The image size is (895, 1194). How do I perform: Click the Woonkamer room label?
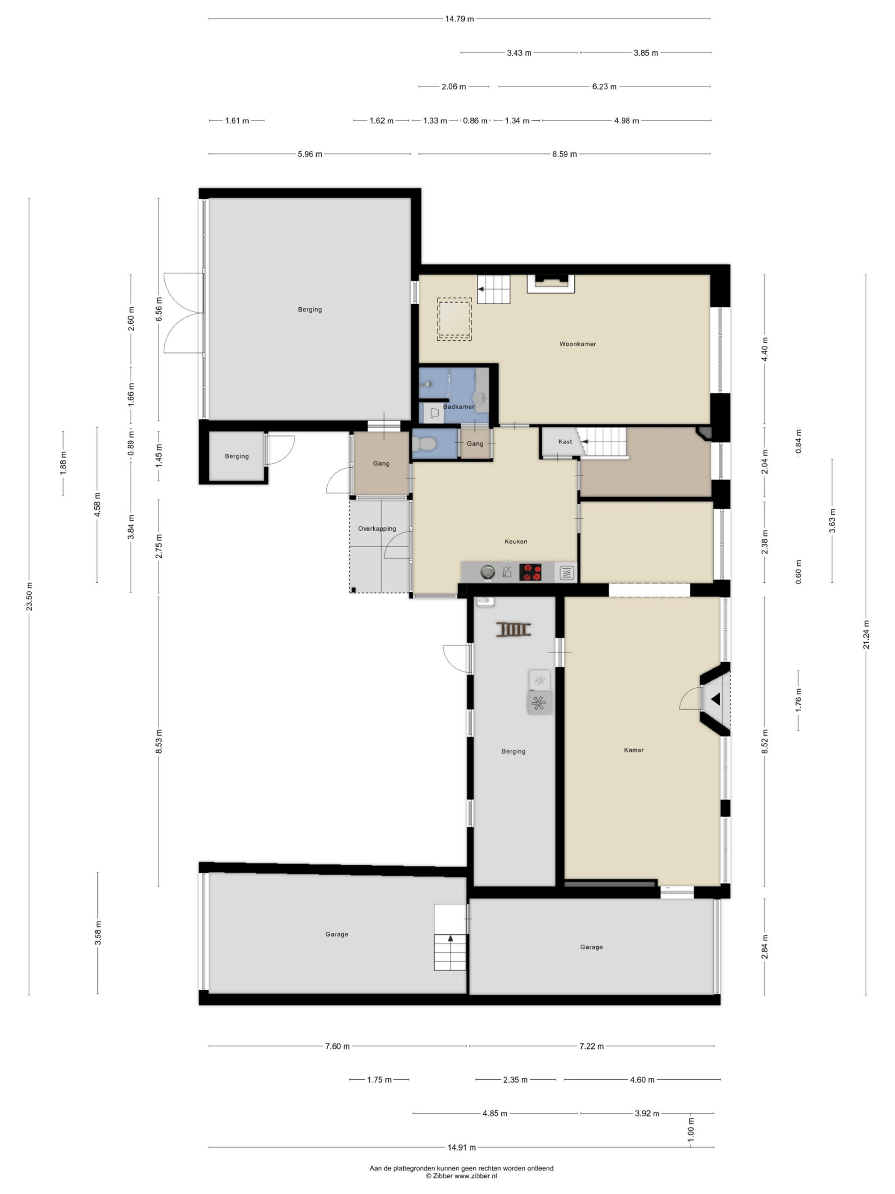[577, 344]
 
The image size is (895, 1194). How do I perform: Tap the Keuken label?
[515, 541]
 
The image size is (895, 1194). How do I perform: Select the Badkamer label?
[459, 407]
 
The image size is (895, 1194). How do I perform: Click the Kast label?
[565, 442]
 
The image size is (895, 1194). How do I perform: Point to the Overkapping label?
[377, 529]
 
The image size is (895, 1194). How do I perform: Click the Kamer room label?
[633, 750]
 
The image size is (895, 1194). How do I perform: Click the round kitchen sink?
[488, 572]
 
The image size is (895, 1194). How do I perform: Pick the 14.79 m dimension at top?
[459, 19]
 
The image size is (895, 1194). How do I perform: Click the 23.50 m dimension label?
[29, 597]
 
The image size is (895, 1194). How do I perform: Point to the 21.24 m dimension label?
[866, 635]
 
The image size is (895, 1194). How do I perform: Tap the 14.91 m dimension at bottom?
[461, 1147]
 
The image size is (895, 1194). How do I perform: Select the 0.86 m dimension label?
[475, 121]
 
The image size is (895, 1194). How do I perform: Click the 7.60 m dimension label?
[337, 1046]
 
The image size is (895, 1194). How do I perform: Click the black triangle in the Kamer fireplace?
[716, 699]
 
